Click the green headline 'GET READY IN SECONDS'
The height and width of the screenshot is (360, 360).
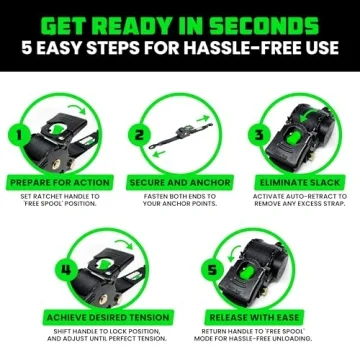180,19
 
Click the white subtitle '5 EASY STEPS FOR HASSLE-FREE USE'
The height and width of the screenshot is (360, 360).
180,46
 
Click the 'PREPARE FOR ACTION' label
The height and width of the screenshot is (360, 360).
60,183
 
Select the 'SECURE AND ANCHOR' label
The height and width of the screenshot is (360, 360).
180,183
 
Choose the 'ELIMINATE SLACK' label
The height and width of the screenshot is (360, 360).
300,183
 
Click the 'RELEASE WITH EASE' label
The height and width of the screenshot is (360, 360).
254,317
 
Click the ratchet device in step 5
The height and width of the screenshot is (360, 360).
260,265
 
